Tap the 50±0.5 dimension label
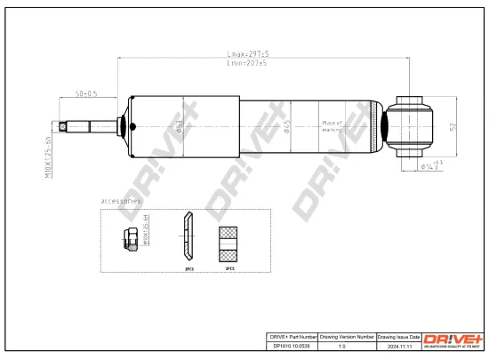tap(86, 92)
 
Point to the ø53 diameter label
tap(180, 128)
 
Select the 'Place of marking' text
tap(332, 126)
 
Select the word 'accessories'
tap(121, 202)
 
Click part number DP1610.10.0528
tap(293, 349)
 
